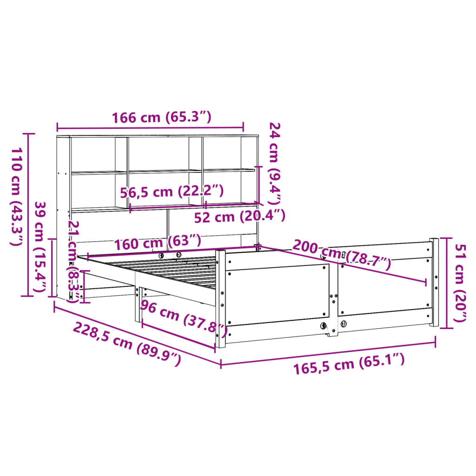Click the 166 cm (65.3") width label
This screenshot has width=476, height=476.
coord(162,118)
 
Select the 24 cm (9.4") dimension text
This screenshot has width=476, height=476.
coord(275,164)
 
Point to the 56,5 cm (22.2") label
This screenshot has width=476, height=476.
coord(172,192)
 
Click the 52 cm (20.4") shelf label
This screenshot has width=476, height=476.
coord(239,216)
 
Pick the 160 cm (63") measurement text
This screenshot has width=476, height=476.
coord(158,242)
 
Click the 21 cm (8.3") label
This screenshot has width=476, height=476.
coord(73,261)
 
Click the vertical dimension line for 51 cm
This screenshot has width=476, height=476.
coord(447,283)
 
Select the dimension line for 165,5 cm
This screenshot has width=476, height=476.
coord(328,354)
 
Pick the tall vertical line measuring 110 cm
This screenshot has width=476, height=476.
coord(29,214)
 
